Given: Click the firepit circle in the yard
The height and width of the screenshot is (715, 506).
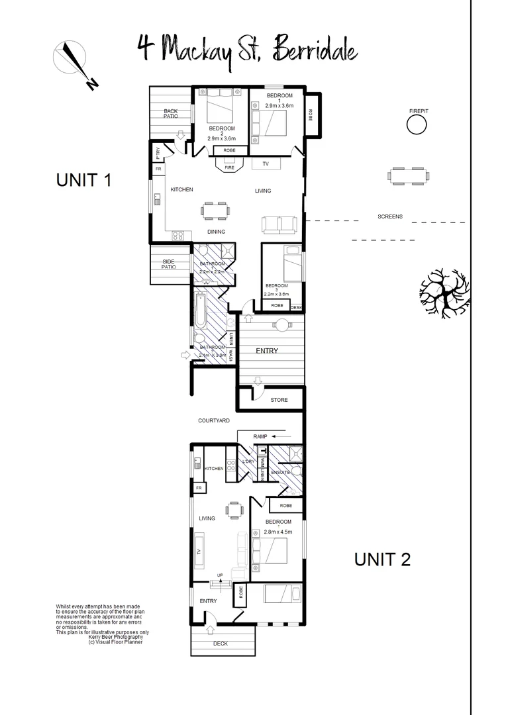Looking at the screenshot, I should click(x=417, y=124).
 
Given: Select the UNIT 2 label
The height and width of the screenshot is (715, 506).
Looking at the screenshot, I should click(x=382, y=559).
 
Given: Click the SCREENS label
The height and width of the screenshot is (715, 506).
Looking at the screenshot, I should click(x=389, y=216).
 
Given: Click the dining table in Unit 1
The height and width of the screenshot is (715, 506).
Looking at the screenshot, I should click(x=216, y=211).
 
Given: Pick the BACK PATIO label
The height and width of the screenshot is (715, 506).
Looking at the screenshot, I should click(x=171, y=113).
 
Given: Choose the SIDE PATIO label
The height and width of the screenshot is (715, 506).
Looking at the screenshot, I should click(x=169, y=264).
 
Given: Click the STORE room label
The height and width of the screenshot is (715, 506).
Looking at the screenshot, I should click(x=279, y=400).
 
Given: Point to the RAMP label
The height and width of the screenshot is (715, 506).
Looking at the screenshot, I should click(x=260, y=436).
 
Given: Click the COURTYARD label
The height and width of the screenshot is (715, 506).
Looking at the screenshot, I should click(x=213, y=420).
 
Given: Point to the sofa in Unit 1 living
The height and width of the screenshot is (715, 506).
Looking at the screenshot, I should click(x=279, y=224).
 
